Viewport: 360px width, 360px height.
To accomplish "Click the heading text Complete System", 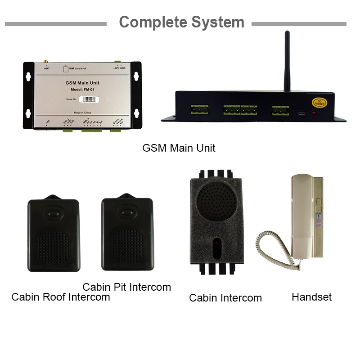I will pos(181,22).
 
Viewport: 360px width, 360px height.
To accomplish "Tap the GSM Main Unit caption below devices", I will pos(179,148).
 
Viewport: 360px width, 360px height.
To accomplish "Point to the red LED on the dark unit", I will pos(314,112).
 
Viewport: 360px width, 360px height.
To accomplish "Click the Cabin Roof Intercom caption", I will pos(60,297).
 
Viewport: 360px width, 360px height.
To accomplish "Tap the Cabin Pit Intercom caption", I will pos(126,287).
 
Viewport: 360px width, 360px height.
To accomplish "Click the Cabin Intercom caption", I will pos(225,298).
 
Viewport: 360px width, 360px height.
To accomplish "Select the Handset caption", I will pos(311,297).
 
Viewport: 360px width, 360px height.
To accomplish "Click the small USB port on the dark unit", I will pos(300,112).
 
